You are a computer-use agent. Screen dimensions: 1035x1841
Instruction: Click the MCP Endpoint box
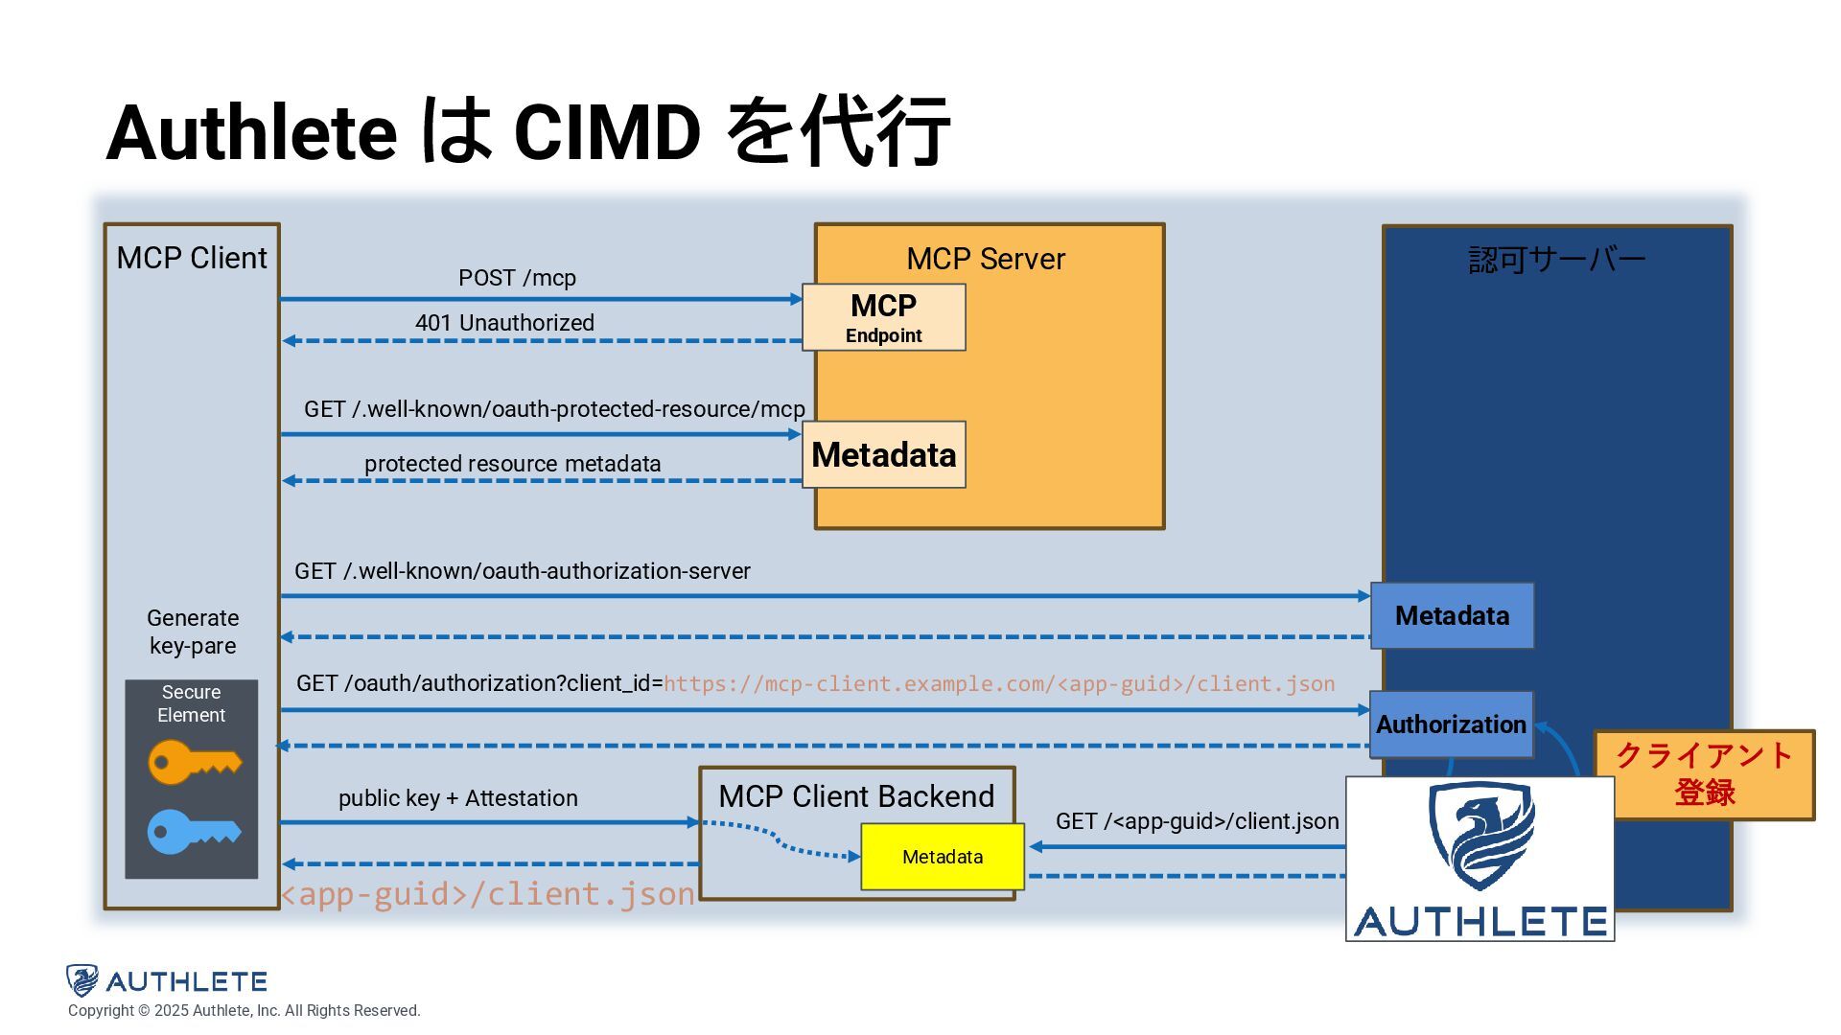click(883, 317)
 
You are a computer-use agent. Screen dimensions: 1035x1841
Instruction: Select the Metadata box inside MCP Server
click(883, 454)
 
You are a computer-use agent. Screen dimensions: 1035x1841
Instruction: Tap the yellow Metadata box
click(943, 857)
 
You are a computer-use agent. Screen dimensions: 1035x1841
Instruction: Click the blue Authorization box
click(1451, 724)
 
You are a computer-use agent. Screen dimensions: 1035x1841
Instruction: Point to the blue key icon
click(194, 832)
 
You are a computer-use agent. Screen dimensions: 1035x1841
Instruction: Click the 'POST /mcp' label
click(517, 278)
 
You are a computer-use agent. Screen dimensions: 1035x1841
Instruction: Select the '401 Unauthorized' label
click(504, 323)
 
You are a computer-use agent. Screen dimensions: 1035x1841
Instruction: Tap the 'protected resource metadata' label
click(512, 464)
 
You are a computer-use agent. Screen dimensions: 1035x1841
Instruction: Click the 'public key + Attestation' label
click(457, 798)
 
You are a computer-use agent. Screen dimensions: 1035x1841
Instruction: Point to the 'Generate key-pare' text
click(193, 632)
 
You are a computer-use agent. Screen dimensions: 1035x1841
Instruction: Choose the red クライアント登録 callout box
click(1704, 774)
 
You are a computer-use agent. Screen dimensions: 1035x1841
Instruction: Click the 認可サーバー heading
click(1556, 259)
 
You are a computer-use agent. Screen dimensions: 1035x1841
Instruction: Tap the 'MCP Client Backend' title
click(856, 796)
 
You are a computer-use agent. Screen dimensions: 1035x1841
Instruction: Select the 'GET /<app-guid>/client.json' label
click(1197, 821)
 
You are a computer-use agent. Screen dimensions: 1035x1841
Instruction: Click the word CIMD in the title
click(607, 131)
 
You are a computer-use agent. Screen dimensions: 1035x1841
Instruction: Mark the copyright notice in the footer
click(244, 1010)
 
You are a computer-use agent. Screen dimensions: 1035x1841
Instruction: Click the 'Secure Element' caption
click(191, 703)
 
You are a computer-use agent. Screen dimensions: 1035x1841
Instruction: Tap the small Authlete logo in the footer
click(166, 980)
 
